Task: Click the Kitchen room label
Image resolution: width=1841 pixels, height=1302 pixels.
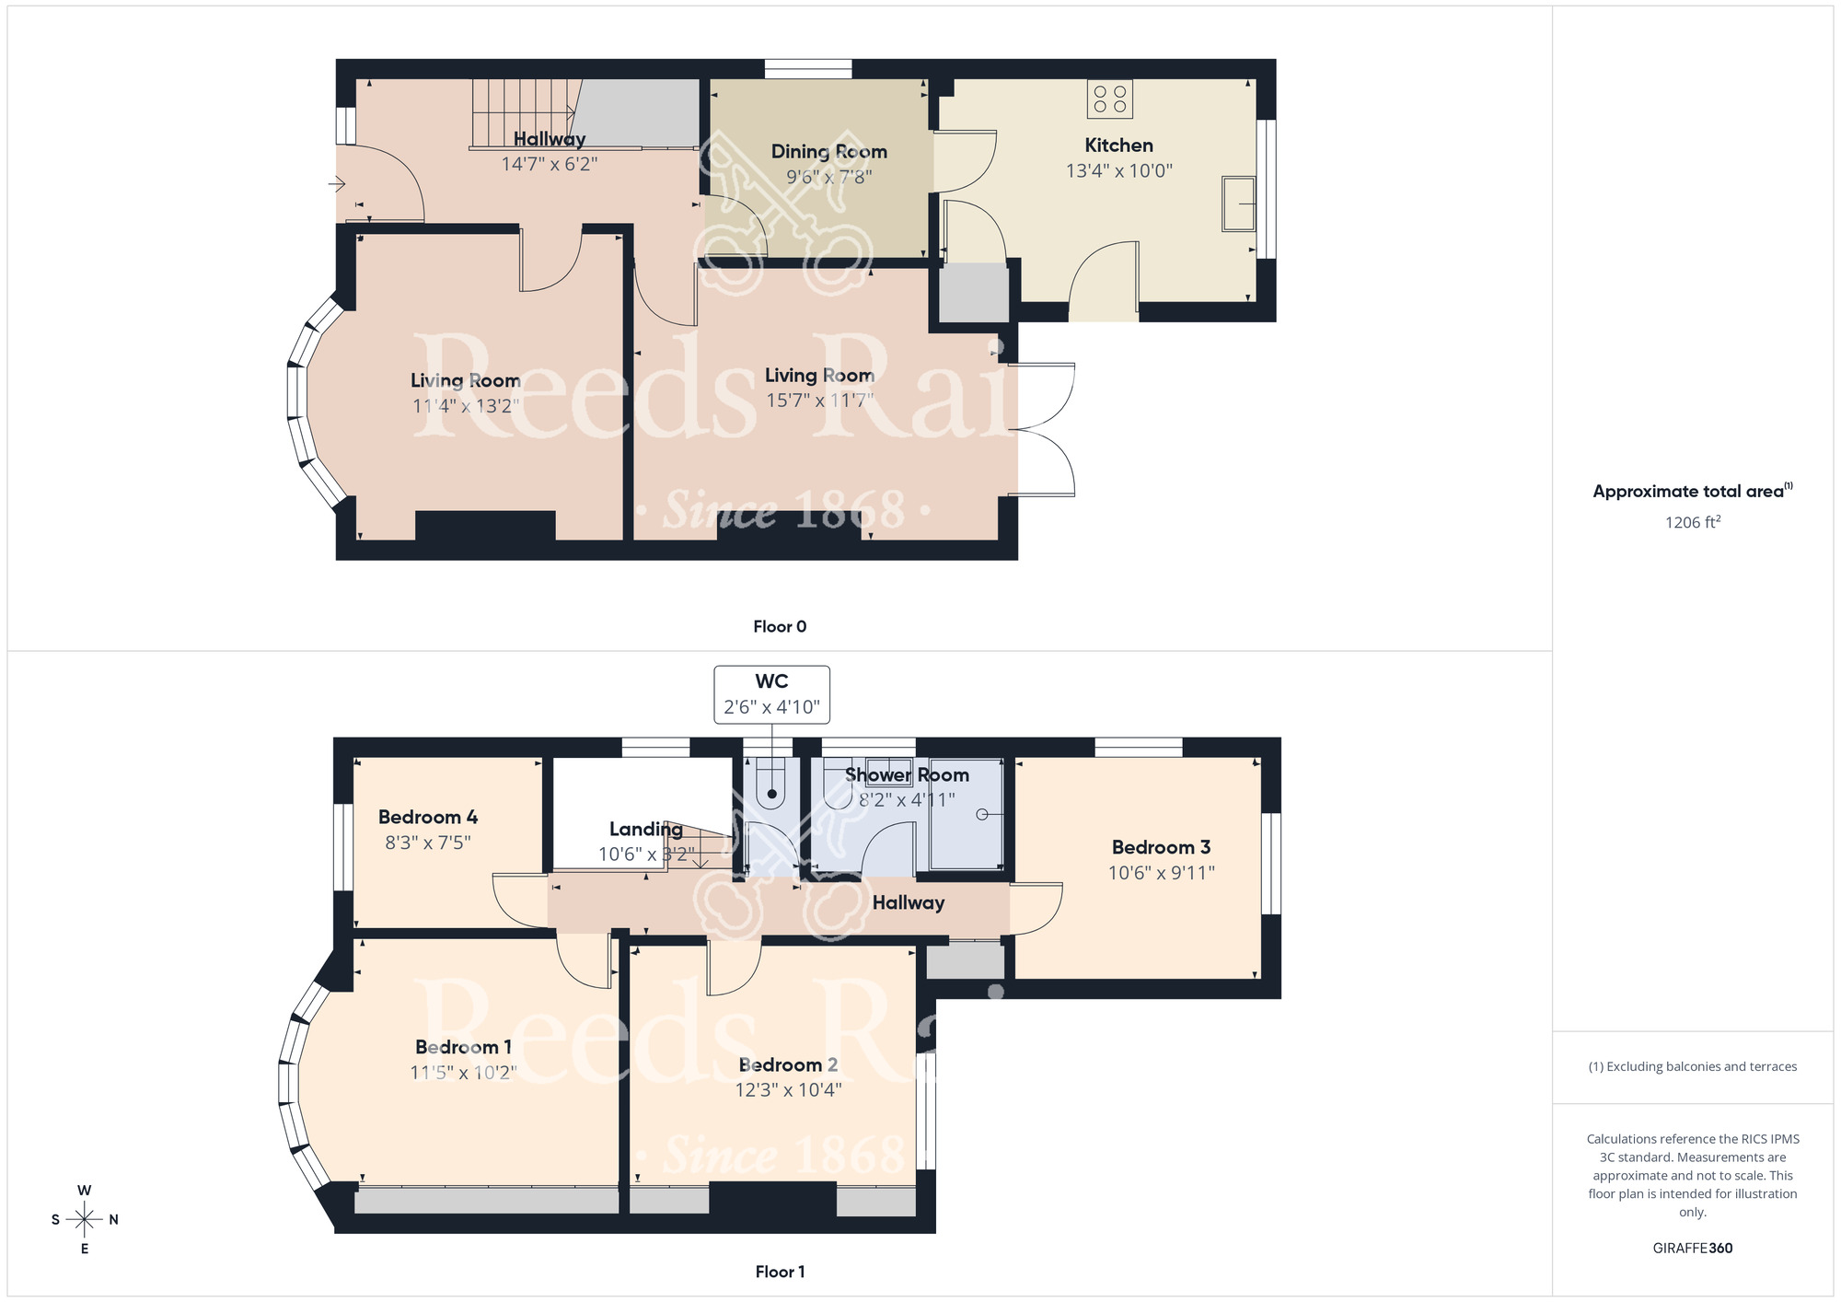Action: (1118, 145)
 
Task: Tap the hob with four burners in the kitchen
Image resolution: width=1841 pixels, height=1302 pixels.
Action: (1109, 99)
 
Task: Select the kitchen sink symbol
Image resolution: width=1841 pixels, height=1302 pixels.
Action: (1238, 203)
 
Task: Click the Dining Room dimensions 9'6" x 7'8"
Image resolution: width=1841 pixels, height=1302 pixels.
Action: (828, 177)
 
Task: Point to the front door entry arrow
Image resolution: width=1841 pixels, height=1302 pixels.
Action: (337, 184)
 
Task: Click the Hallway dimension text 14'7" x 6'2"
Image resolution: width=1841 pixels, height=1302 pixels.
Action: (550, 164)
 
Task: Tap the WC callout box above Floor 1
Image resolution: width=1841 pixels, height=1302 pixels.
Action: (771, 694)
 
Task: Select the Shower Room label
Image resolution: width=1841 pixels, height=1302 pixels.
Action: (907, 775)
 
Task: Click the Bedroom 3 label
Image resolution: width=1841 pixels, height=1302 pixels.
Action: (1161, 847)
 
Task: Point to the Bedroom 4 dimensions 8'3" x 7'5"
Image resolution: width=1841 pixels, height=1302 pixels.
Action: (428, 843)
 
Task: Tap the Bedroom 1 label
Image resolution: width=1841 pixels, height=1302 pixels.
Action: (463, 1047)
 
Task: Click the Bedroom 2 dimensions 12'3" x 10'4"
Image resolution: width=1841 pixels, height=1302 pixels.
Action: (788, 1090)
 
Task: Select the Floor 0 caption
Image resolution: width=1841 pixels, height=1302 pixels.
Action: (780, 626)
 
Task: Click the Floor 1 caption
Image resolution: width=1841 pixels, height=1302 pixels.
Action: (780, 1272)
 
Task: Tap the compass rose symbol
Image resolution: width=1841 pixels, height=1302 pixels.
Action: (85, 1220)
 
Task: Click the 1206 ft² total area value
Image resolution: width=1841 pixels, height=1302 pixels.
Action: (1692, 522)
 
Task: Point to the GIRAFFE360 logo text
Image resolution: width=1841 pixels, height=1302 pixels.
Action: (1692, 1249)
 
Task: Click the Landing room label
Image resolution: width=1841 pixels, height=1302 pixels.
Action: (645, 829)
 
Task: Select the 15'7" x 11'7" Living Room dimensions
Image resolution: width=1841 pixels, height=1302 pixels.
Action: (819, 401)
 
